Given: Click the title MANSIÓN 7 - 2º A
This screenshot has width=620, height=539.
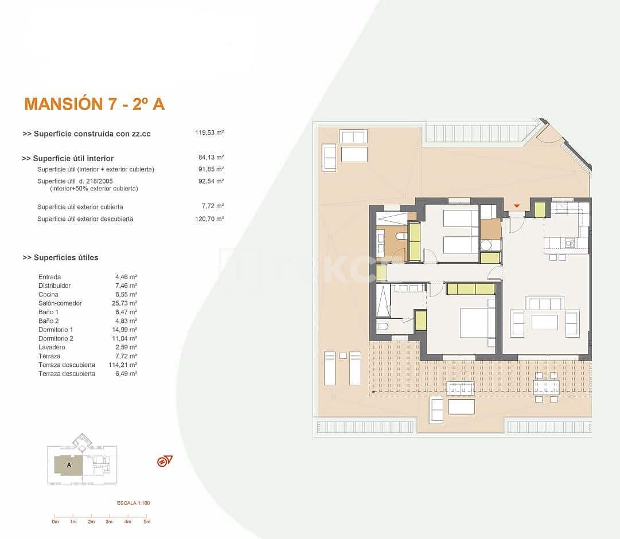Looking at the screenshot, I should (95, 104).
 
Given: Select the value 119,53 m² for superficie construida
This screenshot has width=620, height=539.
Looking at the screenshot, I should (209, 132).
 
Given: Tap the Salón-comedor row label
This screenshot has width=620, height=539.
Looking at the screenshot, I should (60, 303).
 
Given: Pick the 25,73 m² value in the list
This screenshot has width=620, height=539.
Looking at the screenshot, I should (126, 303).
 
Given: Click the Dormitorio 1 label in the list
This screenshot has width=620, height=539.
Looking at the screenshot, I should (56, 330).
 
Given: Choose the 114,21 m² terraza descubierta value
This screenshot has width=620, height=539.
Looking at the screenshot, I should (126, 365).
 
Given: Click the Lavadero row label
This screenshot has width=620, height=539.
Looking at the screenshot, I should (52, 347).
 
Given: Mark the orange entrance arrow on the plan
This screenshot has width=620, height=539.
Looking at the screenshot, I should (517, 206).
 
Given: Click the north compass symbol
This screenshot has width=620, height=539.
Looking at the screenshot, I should (165, 461).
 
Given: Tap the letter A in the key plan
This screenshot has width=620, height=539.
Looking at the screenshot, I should (69, 466).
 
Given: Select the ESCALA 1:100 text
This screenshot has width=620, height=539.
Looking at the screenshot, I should (133, 503).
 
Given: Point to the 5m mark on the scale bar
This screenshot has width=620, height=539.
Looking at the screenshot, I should (147, 522).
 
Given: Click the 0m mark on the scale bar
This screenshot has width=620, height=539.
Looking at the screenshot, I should (55, 522).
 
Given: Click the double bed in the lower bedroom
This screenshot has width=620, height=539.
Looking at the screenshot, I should (477, 323).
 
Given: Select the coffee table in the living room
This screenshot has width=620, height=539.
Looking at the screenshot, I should (544, 322).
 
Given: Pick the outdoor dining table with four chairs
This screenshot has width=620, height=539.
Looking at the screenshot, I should (546, 387).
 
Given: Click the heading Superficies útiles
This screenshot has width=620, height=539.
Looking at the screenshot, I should (60, 257).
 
